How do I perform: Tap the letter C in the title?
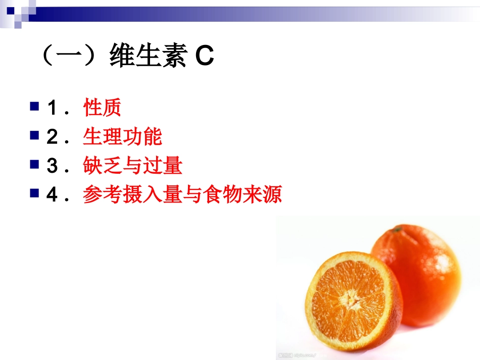tap(205, 57)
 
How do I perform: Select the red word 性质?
tap(102, 108)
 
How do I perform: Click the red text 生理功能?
tap(122, 137)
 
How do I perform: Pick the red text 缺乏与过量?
tap(132, 166)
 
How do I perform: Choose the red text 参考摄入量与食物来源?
tap(182, 195)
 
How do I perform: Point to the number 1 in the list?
tap(52, 109)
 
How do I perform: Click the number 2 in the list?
tap(52, 137)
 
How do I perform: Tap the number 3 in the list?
tap(52, 167)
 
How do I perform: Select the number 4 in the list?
tap(52, 195)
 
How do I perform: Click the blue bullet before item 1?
tap(34, 107)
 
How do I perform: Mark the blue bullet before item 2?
tap(34, 135)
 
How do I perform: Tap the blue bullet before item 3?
tap(34, 164)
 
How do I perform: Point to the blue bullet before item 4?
tap(34, 193)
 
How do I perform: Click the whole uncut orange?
tap(419, 273)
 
